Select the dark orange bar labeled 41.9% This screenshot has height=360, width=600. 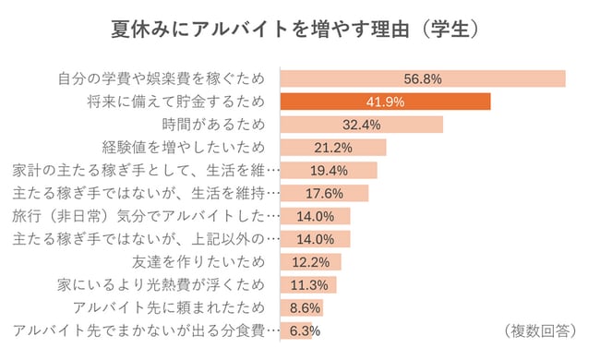click(x=384, y=102)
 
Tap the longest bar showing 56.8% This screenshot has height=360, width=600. click(x=422, y=78)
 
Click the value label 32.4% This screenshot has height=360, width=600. click(x=362, y=125)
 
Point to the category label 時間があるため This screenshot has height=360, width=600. click(x=212, y=125)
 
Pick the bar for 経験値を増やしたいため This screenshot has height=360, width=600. click(x=332, y=147)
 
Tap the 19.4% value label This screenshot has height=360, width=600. click(x=329, y=170)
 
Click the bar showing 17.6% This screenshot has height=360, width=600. click(x=323, y=193)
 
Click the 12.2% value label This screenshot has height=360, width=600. click(x=311, y=261)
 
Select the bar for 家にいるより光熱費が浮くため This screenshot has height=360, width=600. click(x=307, y=283)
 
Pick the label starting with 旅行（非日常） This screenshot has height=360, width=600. click(x=145, y=216)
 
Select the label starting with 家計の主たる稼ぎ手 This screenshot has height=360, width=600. click(x=145, y=170)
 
